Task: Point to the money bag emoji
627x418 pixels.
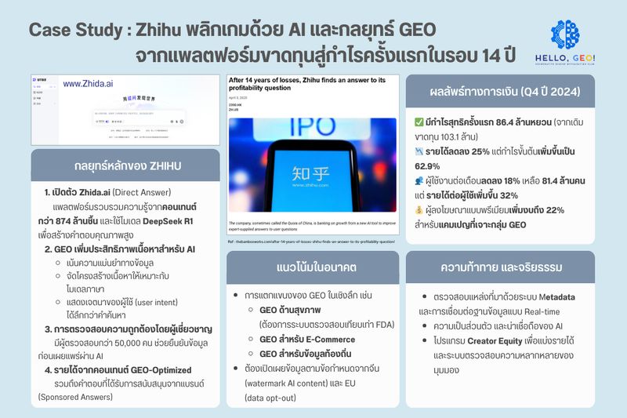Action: pyautogui.click(x=419, y=211)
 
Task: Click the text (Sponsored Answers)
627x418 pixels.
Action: pyautogui.click(x=73, y=398)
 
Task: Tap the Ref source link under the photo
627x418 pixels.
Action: pyautogui.click(x=312, y=242)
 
